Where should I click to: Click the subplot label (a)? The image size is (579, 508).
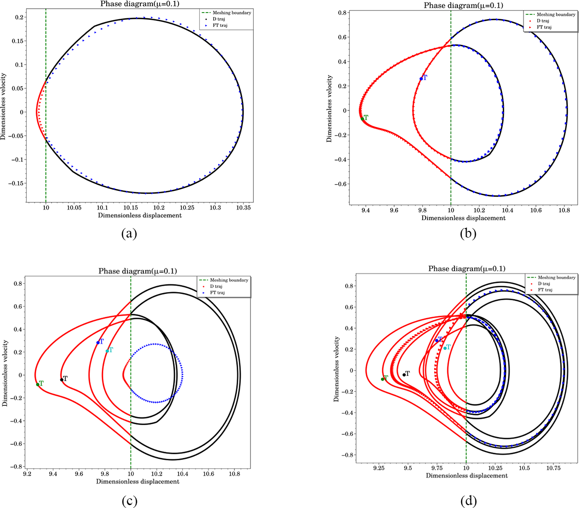click(x=130, y=234)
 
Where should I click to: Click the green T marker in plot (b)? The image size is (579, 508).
click(x=362, y=119)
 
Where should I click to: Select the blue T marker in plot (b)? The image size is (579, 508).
click(x=421, y=78)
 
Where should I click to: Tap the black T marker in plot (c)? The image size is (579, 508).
click(x=62, y=380)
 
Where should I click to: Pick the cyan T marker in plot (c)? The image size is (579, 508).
click(x=107, y=351)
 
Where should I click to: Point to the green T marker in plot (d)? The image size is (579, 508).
click(x=383, y=379)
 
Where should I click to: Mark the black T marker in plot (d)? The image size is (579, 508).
click(x=404, y=374)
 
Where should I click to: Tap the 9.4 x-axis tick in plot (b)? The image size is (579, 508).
click(x=365, y=211)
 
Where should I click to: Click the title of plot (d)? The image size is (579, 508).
click(x=467, y=268)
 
